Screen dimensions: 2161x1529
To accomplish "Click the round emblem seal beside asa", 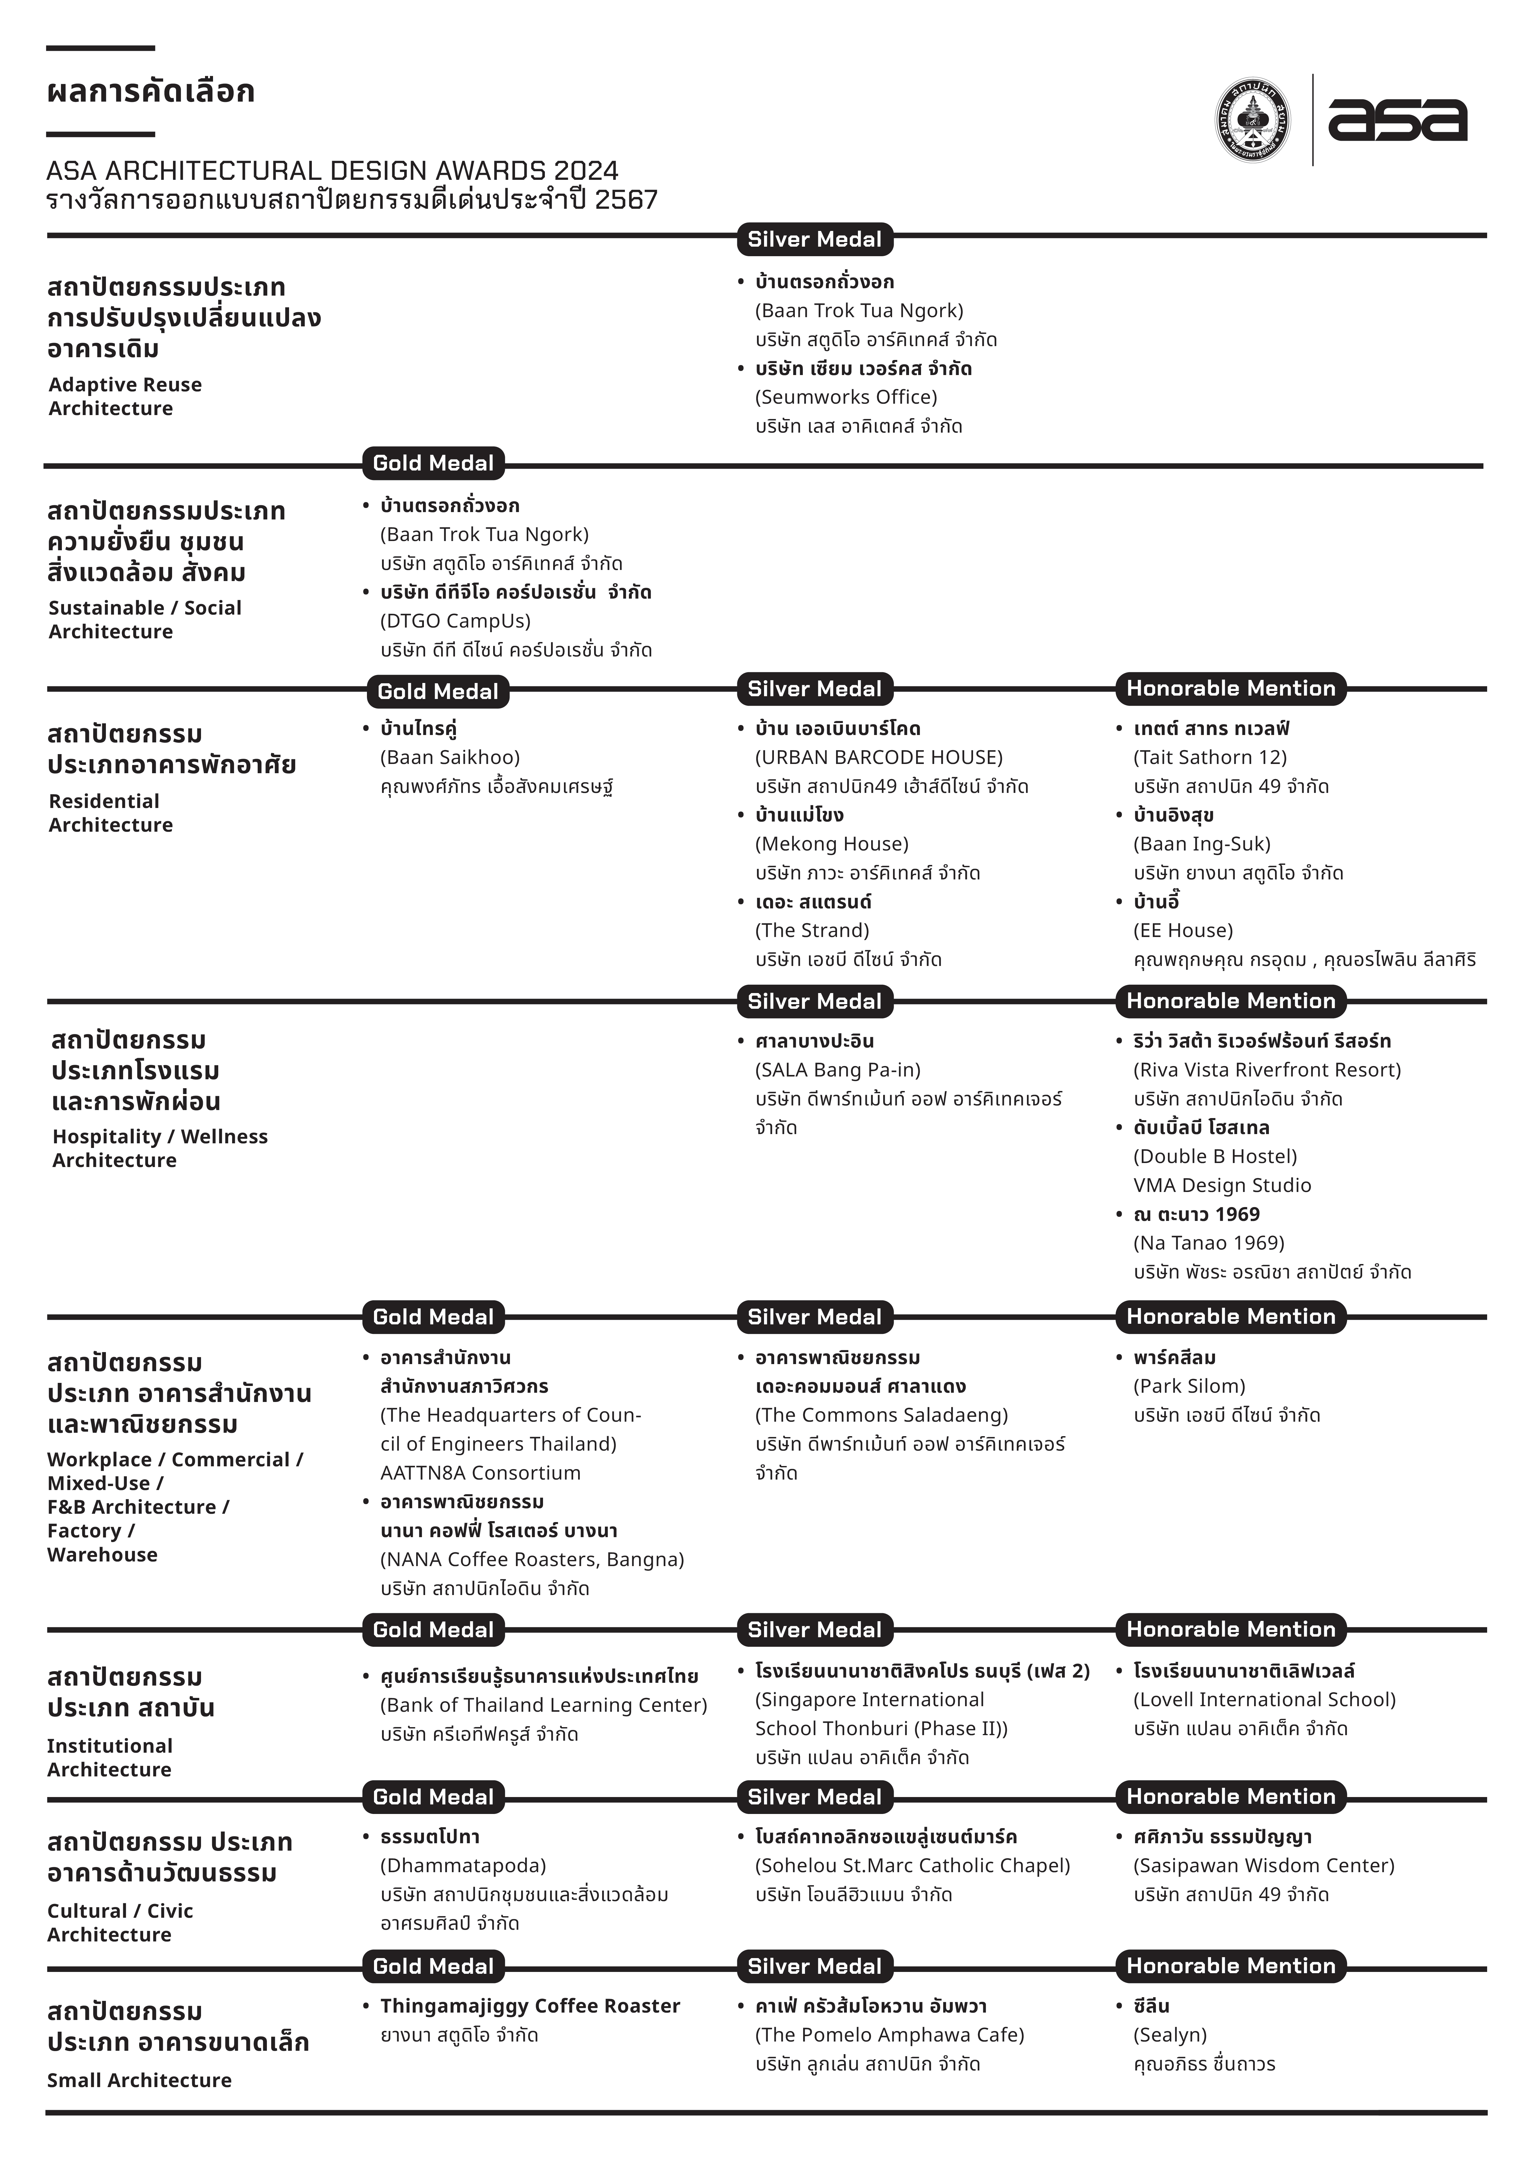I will point(1252,120).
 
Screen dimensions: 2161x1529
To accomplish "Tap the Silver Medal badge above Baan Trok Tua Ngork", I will point(815,239).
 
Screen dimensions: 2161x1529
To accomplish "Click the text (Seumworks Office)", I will point(846,396).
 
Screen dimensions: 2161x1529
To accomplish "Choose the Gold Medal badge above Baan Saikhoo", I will point(438,691).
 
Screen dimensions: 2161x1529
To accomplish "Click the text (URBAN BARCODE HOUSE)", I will point(879,757).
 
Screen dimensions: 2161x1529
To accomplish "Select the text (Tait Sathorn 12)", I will point(1210,757).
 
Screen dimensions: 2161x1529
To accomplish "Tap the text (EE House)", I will point(1182,930).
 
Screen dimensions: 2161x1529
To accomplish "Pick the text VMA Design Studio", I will point(1222,1185).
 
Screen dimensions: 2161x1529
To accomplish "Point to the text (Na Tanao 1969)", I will point(1209,1243).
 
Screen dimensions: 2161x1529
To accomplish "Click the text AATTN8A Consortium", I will point(480,1473).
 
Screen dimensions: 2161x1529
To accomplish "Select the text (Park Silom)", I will point(1189,1386).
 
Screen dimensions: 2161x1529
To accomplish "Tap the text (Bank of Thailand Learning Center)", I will point(543,1704).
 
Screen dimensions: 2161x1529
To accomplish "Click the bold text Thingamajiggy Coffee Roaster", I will point(530,2005).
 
